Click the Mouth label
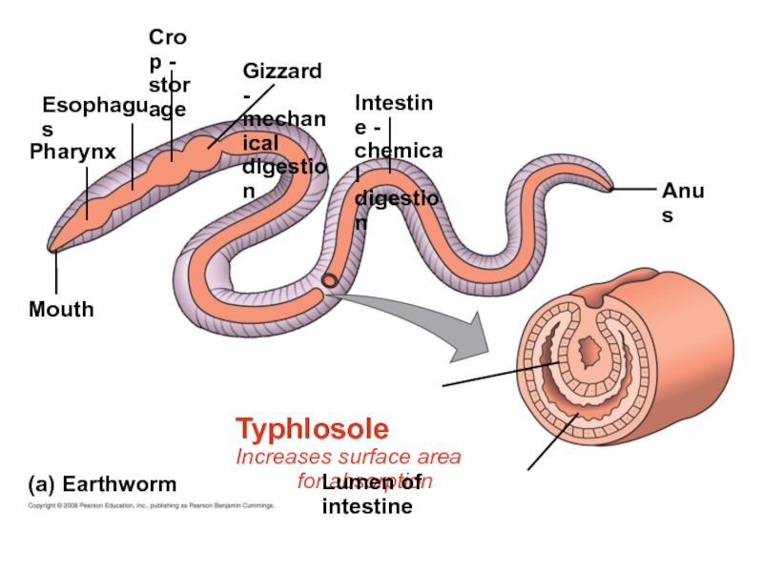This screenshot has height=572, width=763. coord(61,310)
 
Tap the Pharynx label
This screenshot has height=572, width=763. coord(72,152)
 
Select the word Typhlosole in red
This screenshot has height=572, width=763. coord(312,428)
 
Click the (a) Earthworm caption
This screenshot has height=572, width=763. coord(102,483)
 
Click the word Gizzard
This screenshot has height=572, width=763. coord(282,71)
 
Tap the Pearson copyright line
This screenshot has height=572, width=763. coord(152,506)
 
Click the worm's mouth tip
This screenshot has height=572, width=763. coord(52,250)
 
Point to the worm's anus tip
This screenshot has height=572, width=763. coord(608,188)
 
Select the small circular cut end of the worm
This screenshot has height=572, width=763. coord(329,281)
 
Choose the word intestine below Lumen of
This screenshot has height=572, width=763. coord(367,506)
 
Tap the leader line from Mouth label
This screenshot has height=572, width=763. coord(56,275)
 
